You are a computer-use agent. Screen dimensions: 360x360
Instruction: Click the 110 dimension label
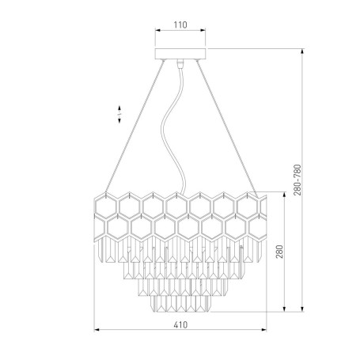[180, 25]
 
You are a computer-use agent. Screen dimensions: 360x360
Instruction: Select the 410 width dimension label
[180, 324]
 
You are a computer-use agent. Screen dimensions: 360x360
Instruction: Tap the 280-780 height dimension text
[297, 180]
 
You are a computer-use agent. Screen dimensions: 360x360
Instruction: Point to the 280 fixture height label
[279, 252]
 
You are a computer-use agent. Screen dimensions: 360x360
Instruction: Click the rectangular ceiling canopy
[180, 54]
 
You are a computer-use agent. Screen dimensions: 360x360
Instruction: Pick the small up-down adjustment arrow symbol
[119, 115]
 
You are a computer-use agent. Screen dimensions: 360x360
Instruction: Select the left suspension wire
[135, 126]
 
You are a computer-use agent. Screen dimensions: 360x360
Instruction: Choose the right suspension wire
[226, 128]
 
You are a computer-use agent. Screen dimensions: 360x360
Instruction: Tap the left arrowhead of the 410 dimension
[97, 329]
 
